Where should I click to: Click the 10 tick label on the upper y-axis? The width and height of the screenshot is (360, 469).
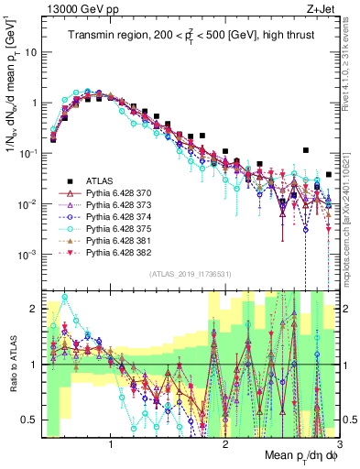pos(29,52)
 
